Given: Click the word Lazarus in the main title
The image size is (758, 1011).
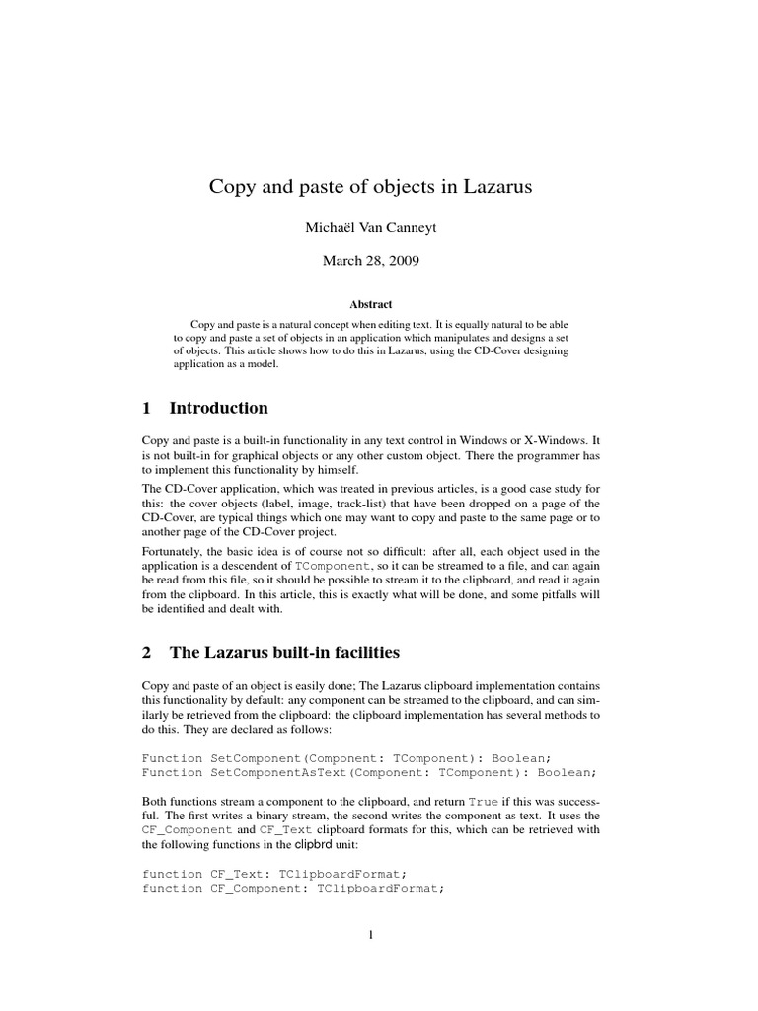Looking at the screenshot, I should (490, 187).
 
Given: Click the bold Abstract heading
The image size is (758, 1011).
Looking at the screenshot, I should (379, 305).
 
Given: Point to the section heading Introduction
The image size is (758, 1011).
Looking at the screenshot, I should (218, 408).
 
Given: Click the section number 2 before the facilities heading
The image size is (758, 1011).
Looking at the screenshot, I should (147, 651).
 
